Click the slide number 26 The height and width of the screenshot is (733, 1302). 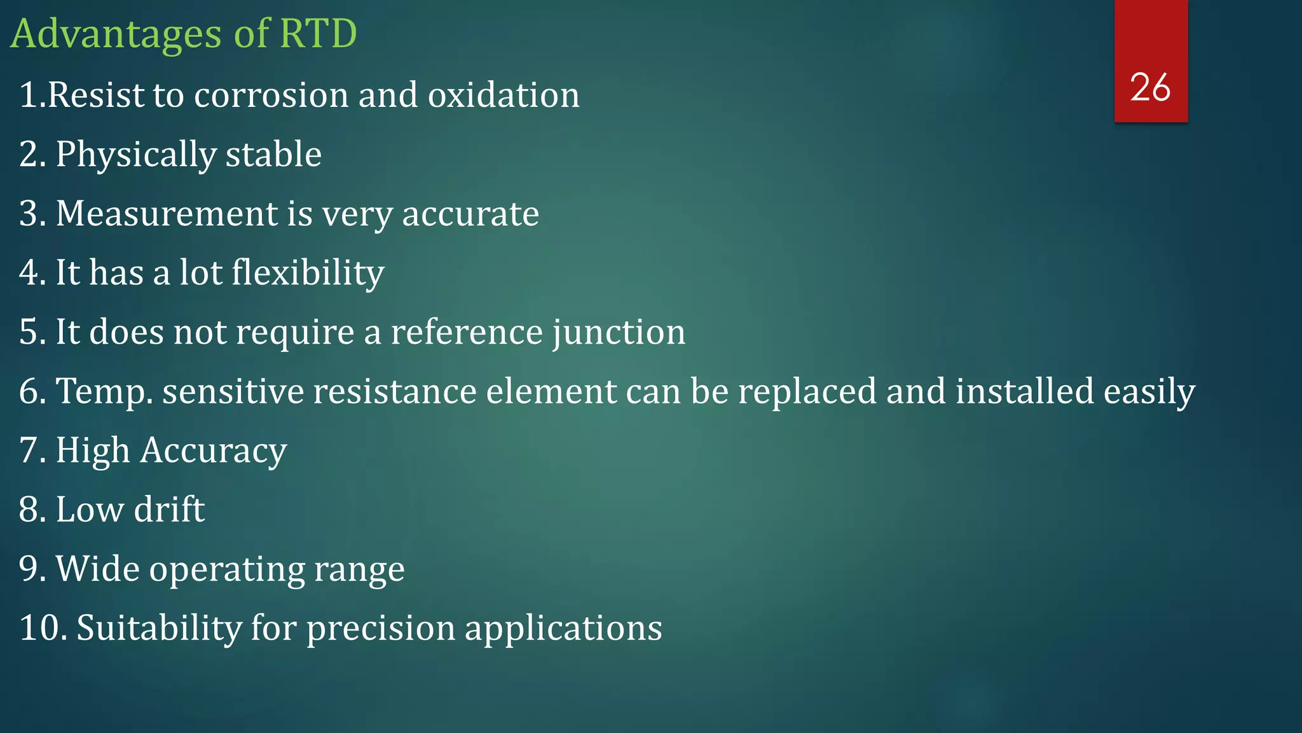pyautogui.click(x=1150, y=87)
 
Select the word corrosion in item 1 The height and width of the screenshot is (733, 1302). pyautogui.click(x=271, y=95)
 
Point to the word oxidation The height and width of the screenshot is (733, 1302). pyautogui.click(x=503, y=95)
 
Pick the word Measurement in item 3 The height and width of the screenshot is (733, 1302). pyautogui.click(x=167, y=214)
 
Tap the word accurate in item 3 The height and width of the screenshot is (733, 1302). pyautogui.click(x=470, y=214)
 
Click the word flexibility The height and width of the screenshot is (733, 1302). pyautogui.click(x=308, y=273)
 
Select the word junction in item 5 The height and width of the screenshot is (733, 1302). pyautogui.click(x=619, y=333)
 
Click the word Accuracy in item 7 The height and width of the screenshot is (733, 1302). pyautogui.click(x=214, y=451)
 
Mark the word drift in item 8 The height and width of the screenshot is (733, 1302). pyautogui.click(x=169, y=510)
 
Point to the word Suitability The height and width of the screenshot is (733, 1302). pyautogui.click(x=159, y=628)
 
